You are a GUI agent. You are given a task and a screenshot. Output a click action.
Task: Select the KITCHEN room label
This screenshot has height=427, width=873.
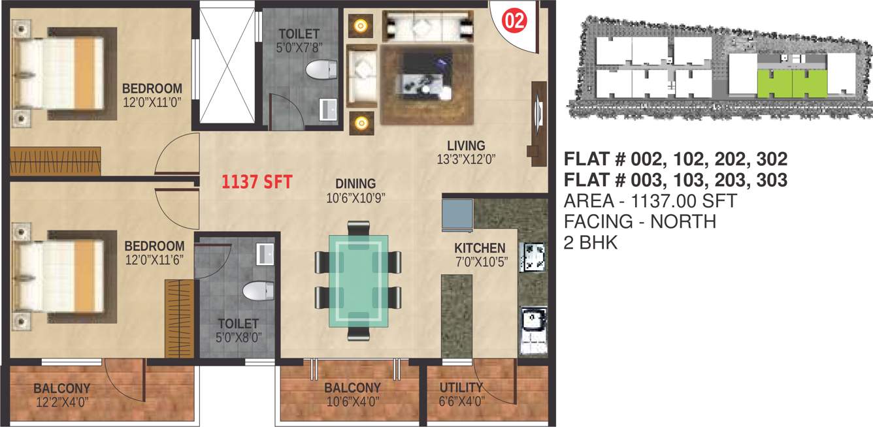(480, 248)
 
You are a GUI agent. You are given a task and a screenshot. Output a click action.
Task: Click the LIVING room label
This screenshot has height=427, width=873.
(466, 146)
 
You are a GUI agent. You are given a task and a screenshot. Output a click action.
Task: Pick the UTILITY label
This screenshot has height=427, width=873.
(461, 388)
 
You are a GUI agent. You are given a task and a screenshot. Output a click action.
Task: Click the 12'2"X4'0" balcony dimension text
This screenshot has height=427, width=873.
(62, 402)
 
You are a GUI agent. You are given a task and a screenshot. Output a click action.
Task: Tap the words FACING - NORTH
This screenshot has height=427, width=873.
(640, 222)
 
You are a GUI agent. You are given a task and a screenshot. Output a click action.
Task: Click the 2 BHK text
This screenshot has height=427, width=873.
(590, 243)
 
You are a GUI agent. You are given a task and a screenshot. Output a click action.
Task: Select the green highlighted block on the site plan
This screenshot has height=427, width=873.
(791, 82)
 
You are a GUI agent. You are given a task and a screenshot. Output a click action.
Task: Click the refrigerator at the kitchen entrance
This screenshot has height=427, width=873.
(457, 214)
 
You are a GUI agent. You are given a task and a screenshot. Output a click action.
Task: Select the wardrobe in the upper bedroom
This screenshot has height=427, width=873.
(56, 161)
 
